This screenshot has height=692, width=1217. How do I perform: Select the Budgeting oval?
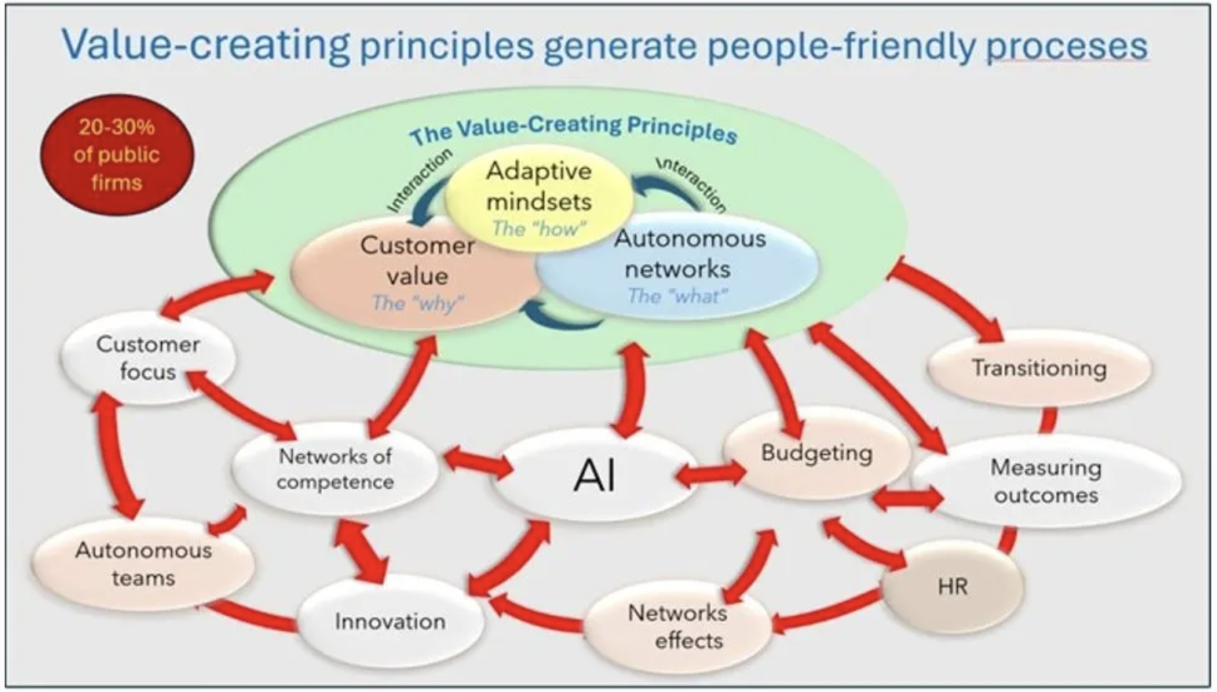[817, 453]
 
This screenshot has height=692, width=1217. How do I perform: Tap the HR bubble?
[952, 586]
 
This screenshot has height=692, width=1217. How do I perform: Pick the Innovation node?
[390, 621]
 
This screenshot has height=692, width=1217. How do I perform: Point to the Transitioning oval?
[1039, 368]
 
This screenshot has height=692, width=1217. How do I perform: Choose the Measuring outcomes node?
[1046, 481]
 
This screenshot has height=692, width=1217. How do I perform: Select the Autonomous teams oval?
[143, 564]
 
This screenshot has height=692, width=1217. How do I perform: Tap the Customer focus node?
[148, 358]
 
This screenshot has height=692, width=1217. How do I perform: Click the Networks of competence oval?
[335, 468]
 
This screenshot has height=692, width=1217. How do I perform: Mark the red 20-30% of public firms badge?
[116, 155]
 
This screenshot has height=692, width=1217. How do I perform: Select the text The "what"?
[678, 296]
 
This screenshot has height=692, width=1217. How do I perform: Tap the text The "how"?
[539, 228]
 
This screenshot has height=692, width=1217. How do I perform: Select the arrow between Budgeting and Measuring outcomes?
[908, 498]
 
